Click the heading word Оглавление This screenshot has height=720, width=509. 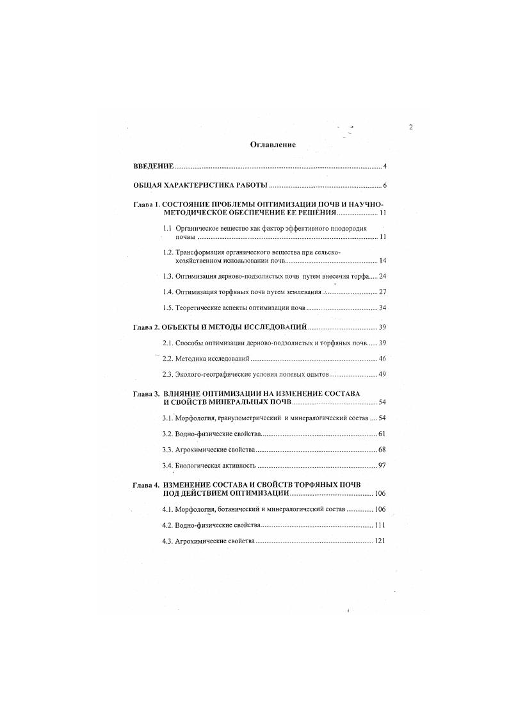(273, 145)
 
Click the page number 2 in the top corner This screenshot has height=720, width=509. (411, 127)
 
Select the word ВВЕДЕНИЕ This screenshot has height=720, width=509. (154, 167)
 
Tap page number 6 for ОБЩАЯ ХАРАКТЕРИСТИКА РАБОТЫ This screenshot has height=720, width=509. (385, 186)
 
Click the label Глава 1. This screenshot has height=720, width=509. (145, 204)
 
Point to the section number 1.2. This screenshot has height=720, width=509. (169, 252)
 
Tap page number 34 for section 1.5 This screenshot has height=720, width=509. (382, 308)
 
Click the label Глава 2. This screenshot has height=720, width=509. (146, 327)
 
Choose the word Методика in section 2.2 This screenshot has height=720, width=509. (192, 359)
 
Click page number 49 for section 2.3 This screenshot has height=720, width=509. (382, 374)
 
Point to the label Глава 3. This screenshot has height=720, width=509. (146, 393)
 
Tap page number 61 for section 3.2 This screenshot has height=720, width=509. (382, 434)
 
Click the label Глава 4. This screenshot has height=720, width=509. (146, 485)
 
